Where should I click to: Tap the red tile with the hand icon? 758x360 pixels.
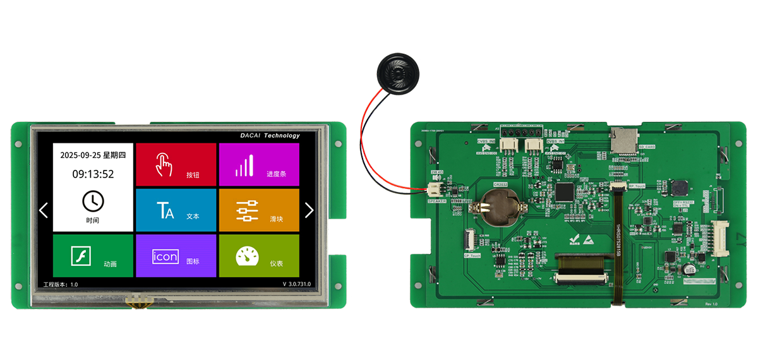(x=176, y=165)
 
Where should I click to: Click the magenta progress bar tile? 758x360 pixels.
(x=258, y=165)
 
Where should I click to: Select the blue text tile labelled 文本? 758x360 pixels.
(x=176, y=210)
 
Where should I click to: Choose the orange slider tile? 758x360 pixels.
(x=258, y=210)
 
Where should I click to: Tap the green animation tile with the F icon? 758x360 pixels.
(x=93, y=256)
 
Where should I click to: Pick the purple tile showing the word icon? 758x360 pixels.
(x=176, y=256)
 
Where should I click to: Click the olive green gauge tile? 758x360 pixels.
(x=258, y=256)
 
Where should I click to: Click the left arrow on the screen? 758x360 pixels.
(x=44, y=210)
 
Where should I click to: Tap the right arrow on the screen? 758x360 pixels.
(x=309, y=210)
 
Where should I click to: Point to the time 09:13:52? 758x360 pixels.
(x=93, y=174)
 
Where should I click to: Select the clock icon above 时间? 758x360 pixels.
(x=93, y=201)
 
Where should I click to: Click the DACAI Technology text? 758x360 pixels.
(x=270, y=135)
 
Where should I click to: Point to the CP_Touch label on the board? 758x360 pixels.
(x=473, y=255)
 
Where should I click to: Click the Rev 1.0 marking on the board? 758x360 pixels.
(x=712, y=304)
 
